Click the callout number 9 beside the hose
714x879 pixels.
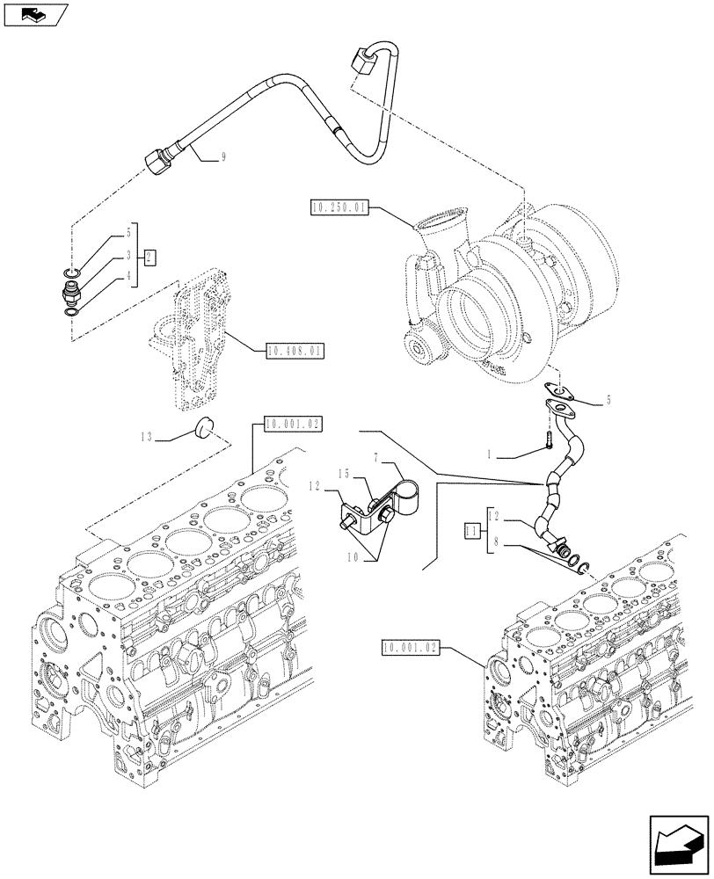(224, 158)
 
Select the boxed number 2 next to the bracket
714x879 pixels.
(150, 258)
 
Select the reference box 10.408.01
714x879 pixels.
(294, 352)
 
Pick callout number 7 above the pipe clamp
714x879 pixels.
(375, 459)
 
